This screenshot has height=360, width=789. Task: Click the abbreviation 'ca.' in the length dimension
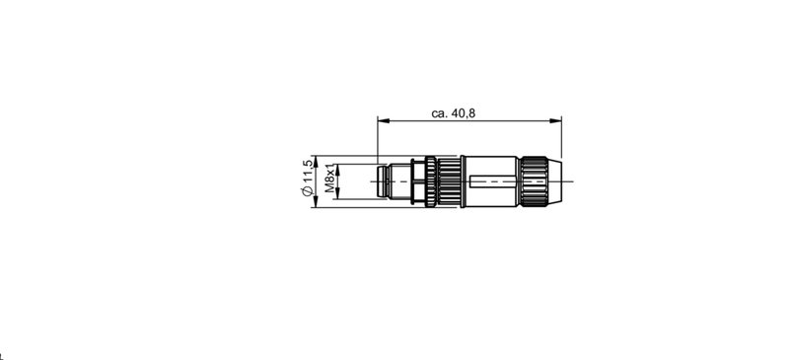[440, 113]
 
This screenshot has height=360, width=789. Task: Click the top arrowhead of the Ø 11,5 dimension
[316, 161]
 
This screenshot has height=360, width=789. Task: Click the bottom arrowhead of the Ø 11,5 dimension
[316, 204]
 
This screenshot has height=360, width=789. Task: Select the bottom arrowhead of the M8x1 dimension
[338, 196]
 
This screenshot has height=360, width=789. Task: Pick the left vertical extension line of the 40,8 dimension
[378, 138]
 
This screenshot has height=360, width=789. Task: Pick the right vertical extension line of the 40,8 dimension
[561, 138]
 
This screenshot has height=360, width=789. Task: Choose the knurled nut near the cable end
[533, 182]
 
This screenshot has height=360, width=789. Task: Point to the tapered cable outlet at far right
[554, 182]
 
